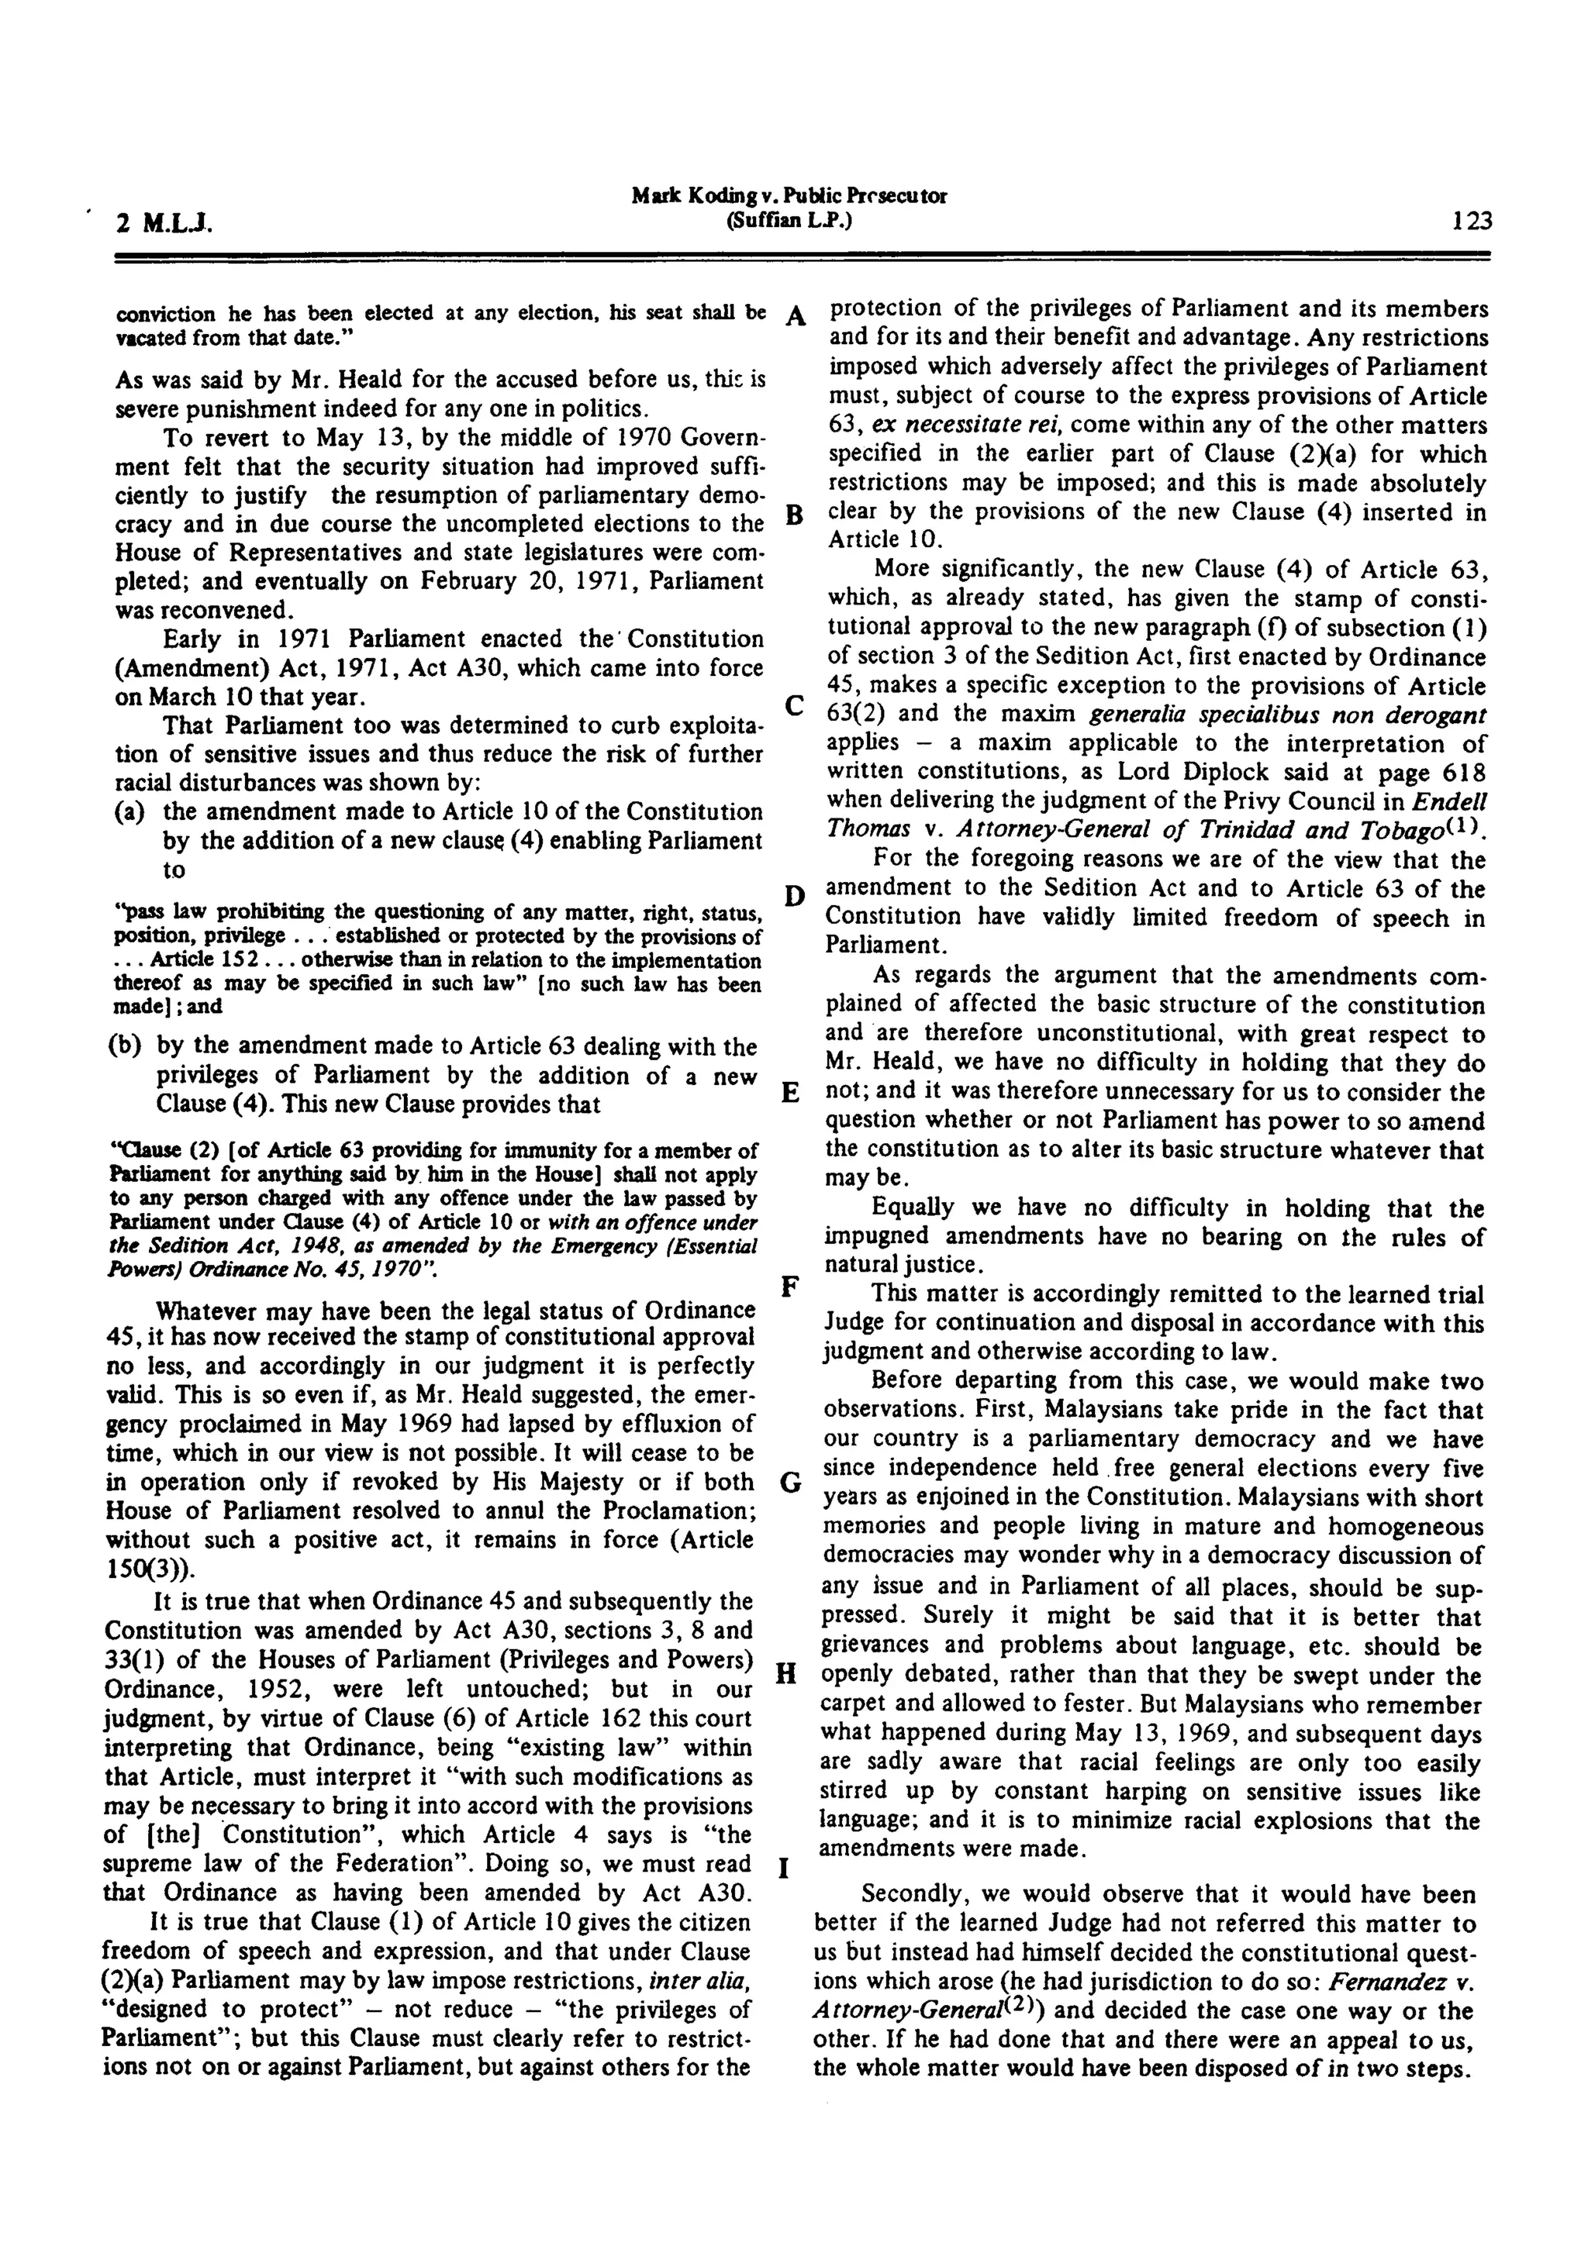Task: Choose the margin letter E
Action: pos(793,1094)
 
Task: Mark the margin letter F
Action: pos(792,1284)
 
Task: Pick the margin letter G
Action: pos(792,1483)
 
